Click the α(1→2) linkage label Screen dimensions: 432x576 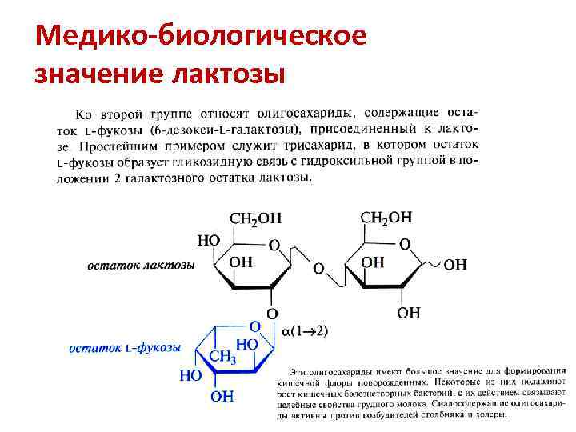click(x=306, y=330)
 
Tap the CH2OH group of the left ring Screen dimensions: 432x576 click(x=256, y=218)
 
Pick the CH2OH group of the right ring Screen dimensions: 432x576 click(x=386, y=217)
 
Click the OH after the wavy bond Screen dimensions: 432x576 click(x=455, y=265)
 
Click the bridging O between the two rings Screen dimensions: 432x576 click(x=319, y=268)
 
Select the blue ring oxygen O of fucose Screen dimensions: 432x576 click(x=254, y=326)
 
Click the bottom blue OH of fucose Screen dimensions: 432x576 click(x=222, y=395)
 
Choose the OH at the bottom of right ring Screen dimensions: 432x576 click(x=408, y=313)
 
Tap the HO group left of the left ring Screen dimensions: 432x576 click(x=209, y=239)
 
